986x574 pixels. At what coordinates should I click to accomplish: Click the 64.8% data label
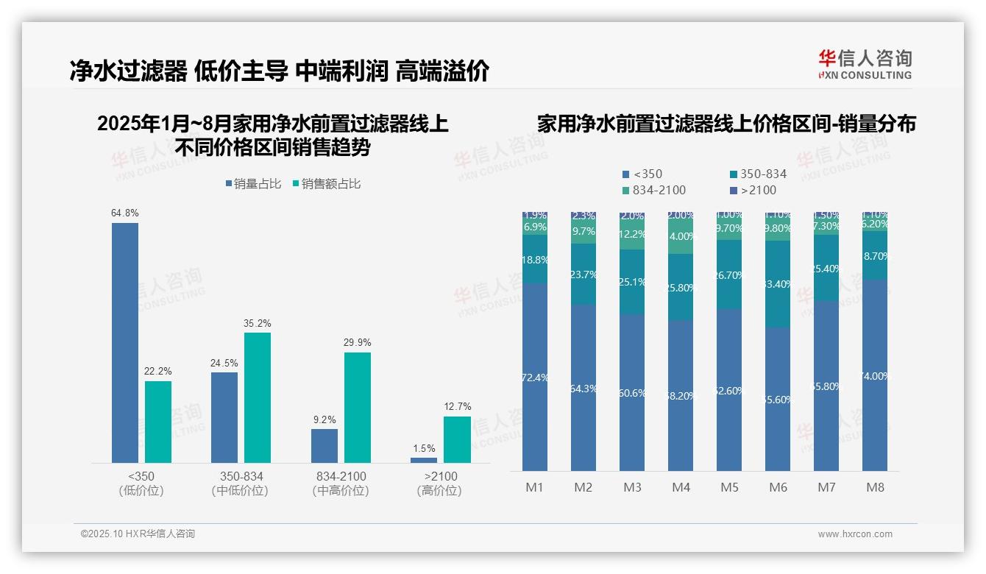click(x=125, y=213)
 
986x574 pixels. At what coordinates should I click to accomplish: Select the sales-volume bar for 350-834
click(x=224, y=417)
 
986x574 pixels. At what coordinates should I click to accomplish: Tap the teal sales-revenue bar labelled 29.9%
click(x=358, y=407)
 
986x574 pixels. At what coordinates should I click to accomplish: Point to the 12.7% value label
click(x=458, y=406)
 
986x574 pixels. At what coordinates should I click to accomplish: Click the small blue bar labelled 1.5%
click(x=424, y=460)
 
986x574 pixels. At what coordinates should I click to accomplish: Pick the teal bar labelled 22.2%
click(x=158, y=422)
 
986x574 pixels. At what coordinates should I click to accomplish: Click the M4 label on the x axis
click(x=681, y=488)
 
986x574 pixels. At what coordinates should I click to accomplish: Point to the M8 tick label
click(x=875, y=488)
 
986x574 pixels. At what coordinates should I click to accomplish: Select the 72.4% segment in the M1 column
click(x=535, y=378)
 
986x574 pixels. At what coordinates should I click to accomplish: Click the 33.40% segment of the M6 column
click(x=778, y=284)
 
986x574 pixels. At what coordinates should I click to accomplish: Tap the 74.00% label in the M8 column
click(x=875, y=376)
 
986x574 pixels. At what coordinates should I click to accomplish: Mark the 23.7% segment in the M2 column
click(x=584, y=274)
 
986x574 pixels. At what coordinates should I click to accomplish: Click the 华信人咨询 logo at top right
click(x=865, y=64)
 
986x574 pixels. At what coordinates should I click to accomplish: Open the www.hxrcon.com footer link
click(x=855, y=534)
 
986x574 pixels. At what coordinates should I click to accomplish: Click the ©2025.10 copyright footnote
click(x=138, y=534)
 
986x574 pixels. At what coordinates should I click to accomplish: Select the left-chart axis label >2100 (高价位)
click(x=440, y=483)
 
